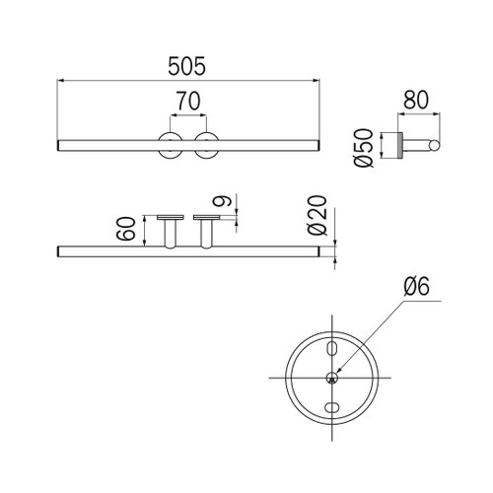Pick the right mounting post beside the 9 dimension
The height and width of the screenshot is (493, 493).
tap(208, 233)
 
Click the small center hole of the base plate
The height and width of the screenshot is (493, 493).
tap(333, 377)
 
